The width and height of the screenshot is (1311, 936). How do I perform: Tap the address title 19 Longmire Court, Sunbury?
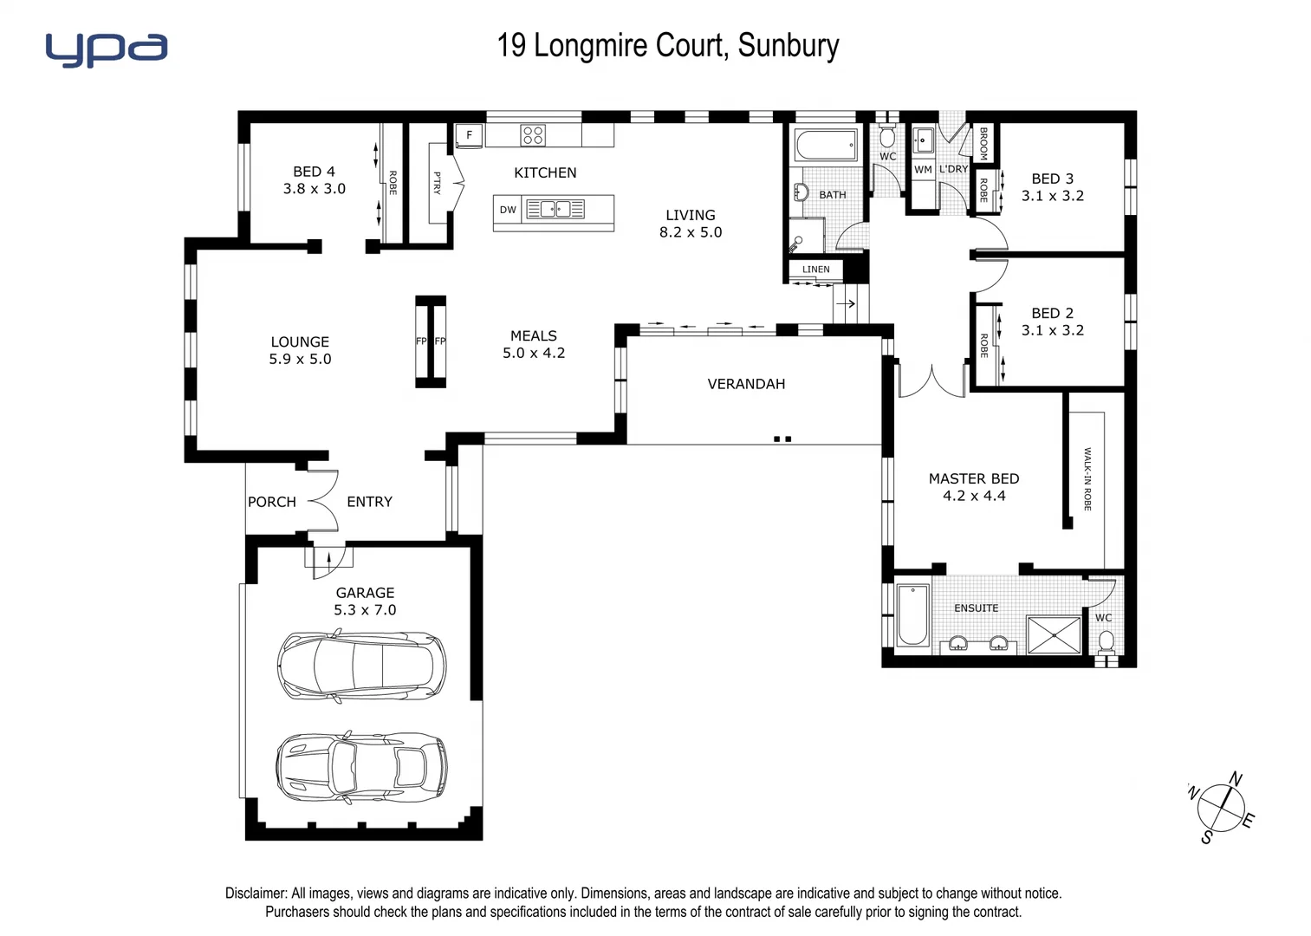pos(667,45)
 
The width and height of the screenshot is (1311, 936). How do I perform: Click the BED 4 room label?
pos(314,172)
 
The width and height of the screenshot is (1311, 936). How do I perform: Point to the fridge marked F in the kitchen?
pos(470,135)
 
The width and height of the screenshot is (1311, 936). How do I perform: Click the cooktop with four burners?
pos(533,135)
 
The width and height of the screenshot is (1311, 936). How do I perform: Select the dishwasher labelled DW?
pos(508,210)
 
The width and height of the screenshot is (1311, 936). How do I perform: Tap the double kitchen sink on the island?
pos(555,209)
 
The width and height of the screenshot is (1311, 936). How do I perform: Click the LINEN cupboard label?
pos(815,270)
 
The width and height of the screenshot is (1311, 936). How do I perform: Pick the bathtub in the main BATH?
pos(827,145)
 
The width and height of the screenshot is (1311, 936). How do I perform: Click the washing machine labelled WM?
pos(923,170)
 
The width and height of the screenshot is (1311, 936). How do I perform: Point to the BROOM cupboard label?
pos(983,143)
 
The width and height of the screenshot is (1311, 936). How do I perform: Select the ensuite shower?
pos(1054,634)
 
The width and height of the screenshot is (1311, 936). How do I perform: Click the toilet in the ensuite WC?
pos(1106,642)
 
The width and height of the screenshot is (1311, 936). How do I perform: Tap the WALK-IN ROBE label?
pos(1087,478)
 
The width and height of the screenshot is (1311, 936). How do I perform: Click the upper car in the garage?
pos(361,666)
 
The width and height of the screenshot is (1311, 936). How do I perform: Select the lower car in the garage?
pos(361,767)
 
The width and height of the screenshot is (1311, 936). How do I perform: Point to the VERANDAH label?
pos(746,384)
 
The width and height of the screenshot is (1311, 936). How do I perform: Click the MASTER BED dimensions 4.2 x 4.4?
pos(974,496)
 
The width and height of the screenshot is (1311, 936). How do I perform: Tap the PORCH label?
pos(271,502)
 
